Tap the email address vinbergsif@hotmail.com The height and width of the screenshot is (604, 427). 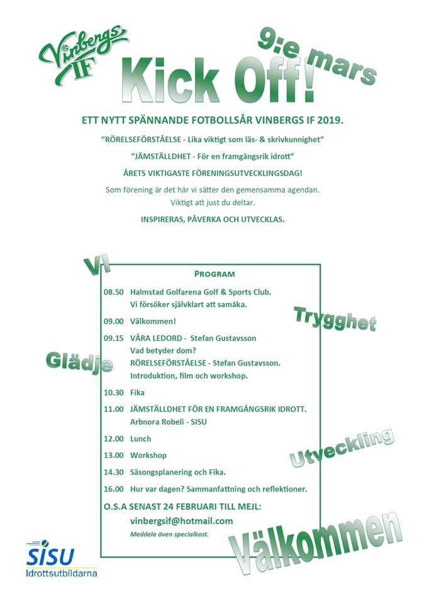[x=181, y=521]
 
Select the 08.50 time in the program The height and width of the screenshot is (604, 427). [x=113, y=292]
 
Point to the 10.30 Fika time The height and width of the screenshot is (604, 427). [x=113, y=393]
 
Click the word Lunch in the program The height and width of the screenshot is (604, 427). [x=140, y=439]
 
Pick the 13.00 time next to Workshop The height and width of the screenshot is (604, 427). [x=113, y=456]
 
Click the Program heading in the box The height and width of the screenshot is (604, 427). [x=214, y=274]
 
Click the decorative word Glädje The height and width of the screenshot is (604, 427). [x=79, y=362]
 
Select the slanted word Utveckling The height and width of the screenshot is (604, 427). [x=341, y=448]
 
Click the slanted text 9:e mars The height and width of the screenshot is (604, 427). [x=316, y=57]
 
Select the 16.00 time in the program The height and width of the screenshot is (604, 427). [x=113, y=489]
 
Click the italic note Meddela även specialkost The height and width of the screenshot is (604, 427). [x=169, y=534]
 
